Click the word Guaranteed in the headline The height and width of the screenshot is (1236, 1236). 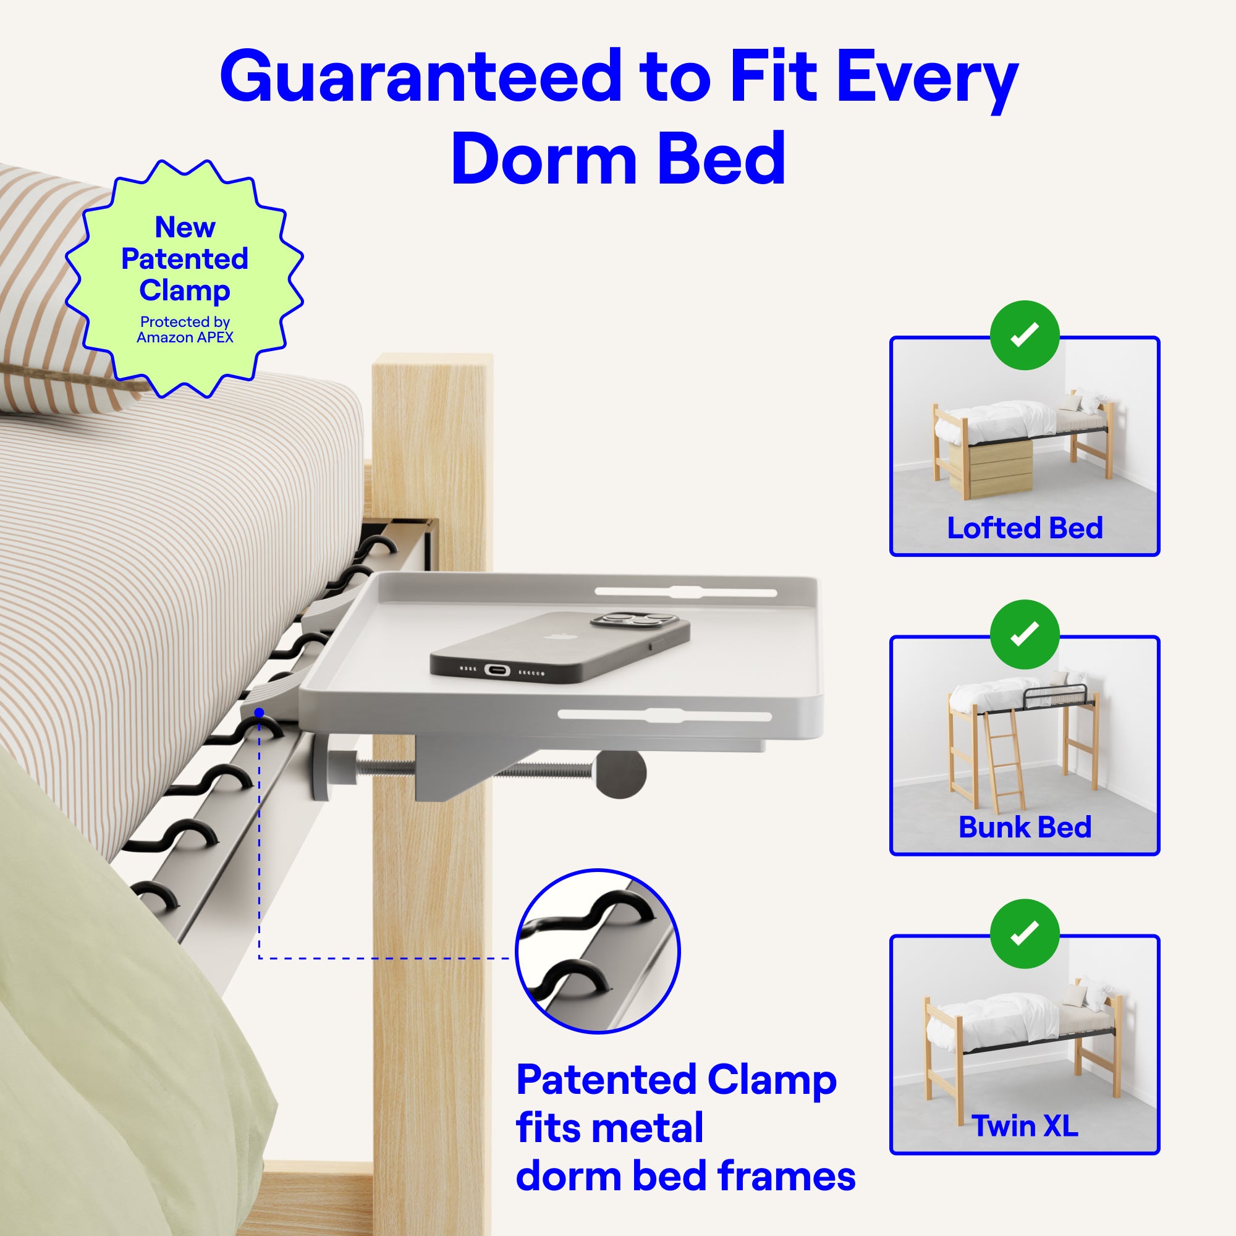(420, 77)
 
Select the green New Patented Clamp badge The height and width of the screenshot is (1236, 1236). (184, 279)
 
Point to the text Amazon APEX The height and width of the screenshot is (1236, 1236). (185, 337)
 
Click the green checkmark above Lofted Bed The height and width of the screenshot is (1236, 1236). (1024, 334)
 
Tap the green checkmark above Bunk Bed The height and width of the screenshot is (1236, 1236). (1024, 634)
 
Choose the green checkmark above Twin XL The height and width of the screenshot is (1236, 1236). (1024, 933)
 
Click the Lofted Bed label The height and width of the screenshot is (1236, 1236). (1025, 528)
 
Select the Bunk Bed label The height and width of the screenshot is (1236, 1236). (1025, 828)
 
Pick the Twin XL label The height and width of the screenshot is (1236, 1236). (1025, 1126)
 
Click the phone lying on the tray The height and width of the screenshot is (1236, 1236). (560, 647)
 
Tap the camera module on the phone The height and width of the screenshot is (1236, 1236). (633, 620)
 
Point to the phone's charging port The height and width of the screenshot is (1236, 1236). (497, 670)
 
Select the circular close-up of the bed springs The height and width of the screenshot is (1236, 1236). (598, 950)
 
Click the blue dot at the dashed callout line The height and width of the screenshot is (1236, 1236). (259, 713)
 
